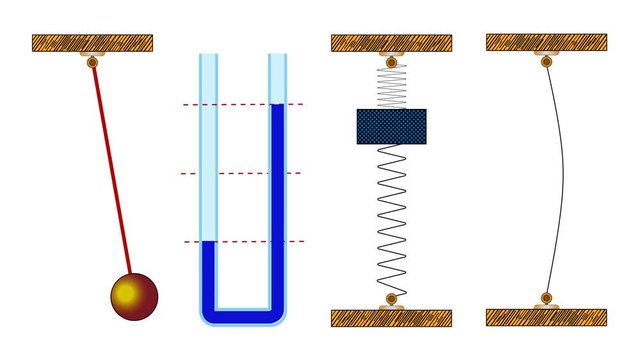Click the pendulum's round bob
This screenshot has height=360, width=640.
coord(133,296)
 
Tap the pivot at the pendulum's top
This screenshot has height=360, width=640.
coord(92,62)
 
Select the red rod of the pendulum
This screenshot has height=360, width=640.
coord(111,170)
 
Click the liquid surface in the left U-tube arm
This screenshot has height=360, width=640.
coord(209,242)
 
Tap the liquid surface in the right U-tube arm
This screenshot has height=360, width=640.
coord(277,105)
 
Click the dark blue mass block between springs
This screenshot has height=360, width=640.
coord(391,126)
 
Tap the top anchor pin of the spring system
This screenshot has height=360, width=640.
coord(391,61)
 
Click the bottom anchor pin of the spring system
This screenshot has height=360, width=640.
coord(391,299)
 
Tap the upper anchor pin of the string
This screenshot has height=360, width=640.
coord(546,60)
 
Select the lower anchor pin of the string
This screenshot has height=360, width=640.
coord(546,299)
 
